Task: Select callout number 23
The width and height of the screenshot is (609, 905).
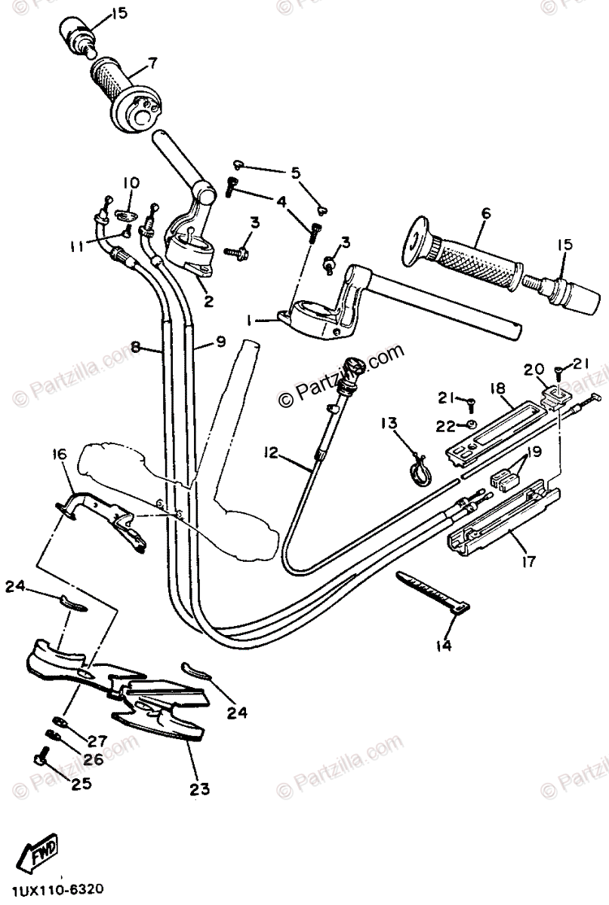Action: point(199,790)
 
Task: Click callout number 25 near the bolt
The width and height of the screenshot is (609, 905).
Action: point(81,784)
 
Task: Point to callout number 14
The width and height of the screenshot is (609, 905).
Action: point(443,646)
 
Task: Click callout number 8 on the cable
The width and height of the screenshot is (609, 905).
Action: point(136,348)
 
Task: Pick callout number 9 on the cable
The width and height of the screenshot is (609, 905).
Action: point(220,342)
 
